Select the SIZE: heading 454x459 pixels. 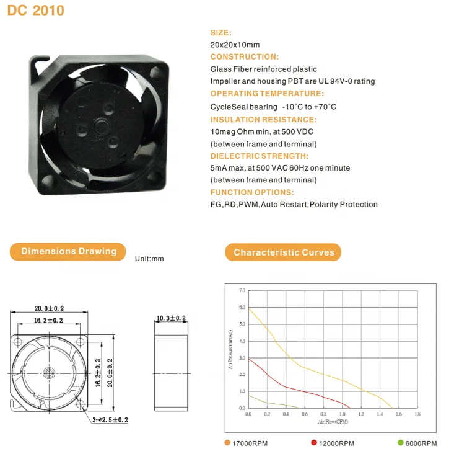(221, 32)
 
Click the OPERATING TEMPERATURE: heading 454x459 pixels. (267, 94)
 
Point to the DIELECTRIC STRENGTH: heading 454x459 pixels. (260, 156)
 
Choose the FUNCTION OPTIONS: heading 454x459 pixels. (252, 192)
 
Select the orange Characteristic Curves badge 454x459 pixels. (284, 252)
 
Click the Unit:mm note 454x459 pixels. (149, 258)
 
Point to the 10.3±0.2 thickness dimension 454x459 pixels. (171, 318)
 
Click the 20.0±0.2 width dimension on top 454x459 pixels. (49, 308)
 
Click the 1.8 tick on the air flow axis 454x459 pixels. (417, 414)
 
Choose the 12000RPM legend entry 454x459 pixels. (336, 443)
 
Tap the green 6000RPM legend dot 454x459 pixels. (401, 443)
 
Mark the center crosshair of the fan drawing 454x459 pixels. (50, 373)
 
